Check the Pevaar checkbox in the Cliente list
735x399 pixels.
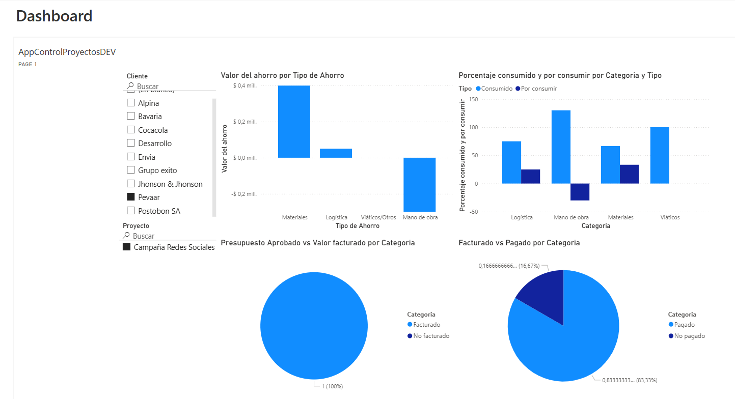[131, 197]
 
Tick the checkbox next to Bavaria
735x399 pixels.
[131, 116]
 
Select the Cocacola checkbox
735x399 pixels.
[131, 130]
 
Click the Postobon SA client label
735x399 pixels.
[159, 211]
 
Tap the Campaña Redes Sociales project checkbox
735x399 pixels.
[127, 247]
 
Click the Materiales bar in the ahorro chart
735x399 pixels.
[294, 122]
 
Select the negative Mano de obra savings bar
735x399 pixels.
[420, 184]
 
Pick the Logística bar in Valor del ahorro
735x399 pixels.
[336, 153]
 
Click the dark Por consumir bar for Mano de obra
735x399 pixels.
[580, 192]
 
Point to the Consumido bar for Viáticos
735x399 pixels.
[660, 155]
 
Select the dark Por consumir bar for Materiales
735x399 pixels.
[629, 174]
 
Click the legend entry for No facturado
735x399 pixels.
[431, 336]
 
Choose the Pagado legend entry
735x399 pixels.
[684, 325]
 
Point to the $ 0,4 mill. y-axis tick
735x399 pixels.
[245, 85]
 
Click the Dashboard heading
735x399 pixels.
[54, 16]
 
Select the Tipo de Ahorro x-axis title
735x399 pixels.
[358, 225]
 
